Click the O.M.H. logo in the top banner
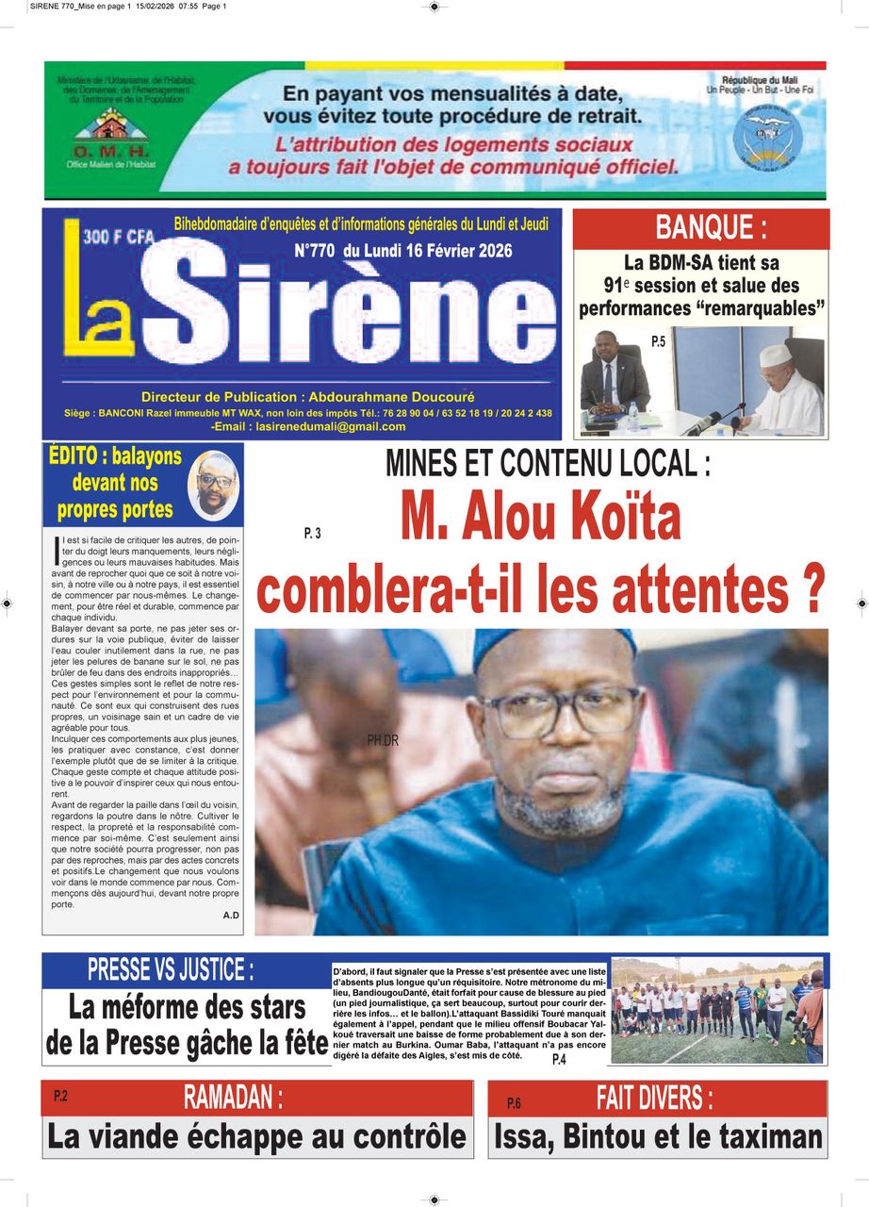point(110,135)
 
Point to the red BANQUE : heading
point(711,228)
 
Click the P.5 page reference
point(658,342)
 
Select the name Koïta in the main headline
point(613,518)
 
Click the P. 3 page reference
point(313,534)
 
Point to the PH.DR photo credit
point(383,741)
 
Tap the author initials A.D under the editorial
point(231,916)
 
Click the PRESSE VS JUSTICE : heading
point(171,968)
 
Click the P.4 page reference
point(559,1060)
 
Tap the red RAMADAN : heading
point(233,1098)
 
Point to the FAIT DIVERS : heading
point(654,1098)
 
